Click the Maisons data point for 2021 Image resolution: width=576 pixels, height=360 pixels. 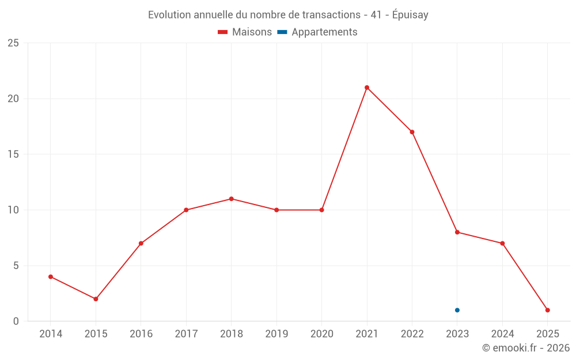(x=367, y=88)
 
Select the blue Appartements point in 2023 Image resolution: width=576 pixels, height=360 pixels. (x=457, y=310)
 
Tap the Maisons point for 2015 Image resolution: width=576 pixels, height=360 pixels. (x=96, y=299)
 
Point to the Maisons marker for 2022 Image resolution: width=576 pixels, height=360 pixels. (x=412, y=132)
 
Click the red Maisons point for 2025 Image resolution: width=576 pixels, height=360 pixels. (x=548, y=310)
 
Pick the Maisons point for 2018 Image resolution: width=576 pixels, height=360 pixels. (x=231, y=199)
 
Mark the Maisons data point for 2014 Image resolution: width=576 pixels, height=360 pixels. (x=51, y=276)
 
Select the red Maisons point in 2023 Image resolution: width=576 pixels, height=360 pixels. (x=457, y=232)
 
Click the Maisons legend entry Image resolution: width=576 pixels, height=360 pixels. (x=245, y=32)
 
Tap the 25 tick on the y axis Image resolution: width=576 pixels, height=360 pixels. (x=13, y=43)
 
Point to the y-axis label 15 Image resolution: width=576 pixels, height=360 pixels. (x=13, y=154)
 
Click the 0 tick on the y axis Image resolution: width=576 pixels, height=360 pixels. (x=16, y=321)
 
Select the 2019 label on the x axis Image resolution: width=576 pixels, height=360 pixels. (x=276, y=334)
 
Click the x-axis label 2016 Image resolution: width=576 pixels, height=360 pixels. (x=141, y=334)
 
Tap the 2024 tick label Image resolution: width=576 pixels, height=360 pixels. (x=502, y=334)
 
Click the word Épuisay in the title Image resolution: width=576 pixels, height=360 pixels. (x=410, y=15)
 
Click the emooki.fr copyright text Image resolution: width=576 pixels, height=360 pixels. (x=526, y=348)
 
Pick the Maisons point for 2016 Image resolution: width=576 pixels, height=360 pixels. (x=141, y=243)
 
